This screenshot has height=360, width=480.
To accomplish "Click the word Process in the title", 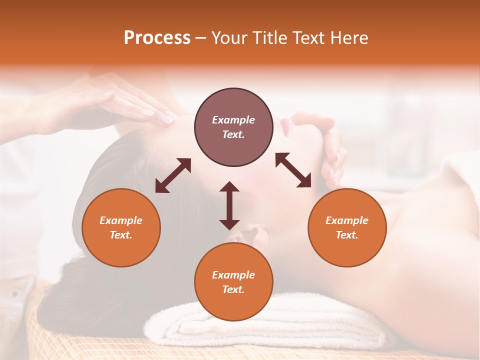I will coord(157,38).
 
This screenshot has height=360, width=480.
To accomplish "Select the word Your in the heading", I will coord(229,38).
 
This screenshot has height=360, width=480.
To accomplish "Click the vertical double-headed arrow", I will coord(229,205).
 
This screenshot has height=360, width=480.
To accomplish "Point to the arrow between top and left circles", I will coord(173,175).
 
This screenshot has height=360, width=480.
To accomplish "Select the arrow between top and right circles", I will coord(293,170).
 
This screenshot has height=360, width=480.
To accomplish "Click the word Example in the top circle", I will coord(233,120).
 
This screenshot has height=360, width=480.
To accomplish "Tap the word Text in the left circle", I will coord(121,235).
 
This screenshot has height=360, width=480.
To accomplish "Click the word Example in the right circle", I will coord(347,220).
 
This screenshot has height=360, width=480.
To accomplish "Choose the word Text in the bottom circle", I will coord(233,289).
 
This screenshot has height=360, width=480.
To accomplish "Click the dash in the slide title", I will coord(200,38).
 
